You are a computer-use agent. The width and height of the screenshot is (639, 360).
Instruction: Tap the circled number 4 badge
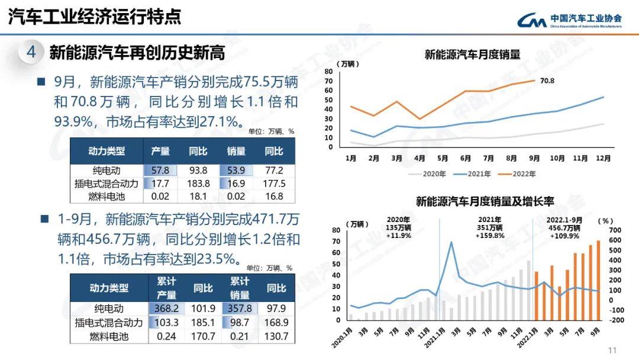tap(31, 53)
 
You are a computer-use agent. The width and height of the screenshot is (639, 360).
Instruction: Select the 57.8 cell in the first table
tap(160, 171)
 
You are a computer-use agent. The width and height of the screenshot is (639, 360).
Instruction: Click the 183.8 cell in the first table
tap(198, 184)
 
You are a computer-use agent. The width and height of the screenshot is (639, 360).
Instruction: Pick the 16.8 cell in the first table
tap(274, 197)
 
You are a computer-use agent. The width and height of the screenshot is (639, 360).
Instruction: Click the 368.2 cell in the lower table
tap(167, 308)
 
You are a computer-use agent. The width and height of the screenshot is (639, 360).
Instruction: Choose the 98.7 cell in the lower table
tap(240, 323)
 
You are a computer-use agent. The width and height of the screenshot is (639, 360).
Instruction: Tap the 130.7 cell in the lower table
tap(276, 336)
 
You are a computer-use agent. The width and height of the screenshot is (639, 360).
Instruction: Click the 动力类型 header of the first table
tap(106, 151)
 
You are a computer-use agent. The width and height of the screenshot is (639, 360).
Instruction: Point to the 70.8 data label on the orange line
tap(547, 81)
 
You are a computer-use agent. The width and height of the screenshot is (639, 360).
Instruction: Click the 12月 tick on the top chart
tap(603, 158)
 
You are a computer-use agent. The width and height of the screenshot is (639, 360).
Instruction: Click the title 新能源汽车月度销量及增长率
tap(485, 202)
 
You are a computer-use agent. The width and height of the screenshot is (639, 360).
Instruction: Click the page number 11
tap(612, 349)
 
